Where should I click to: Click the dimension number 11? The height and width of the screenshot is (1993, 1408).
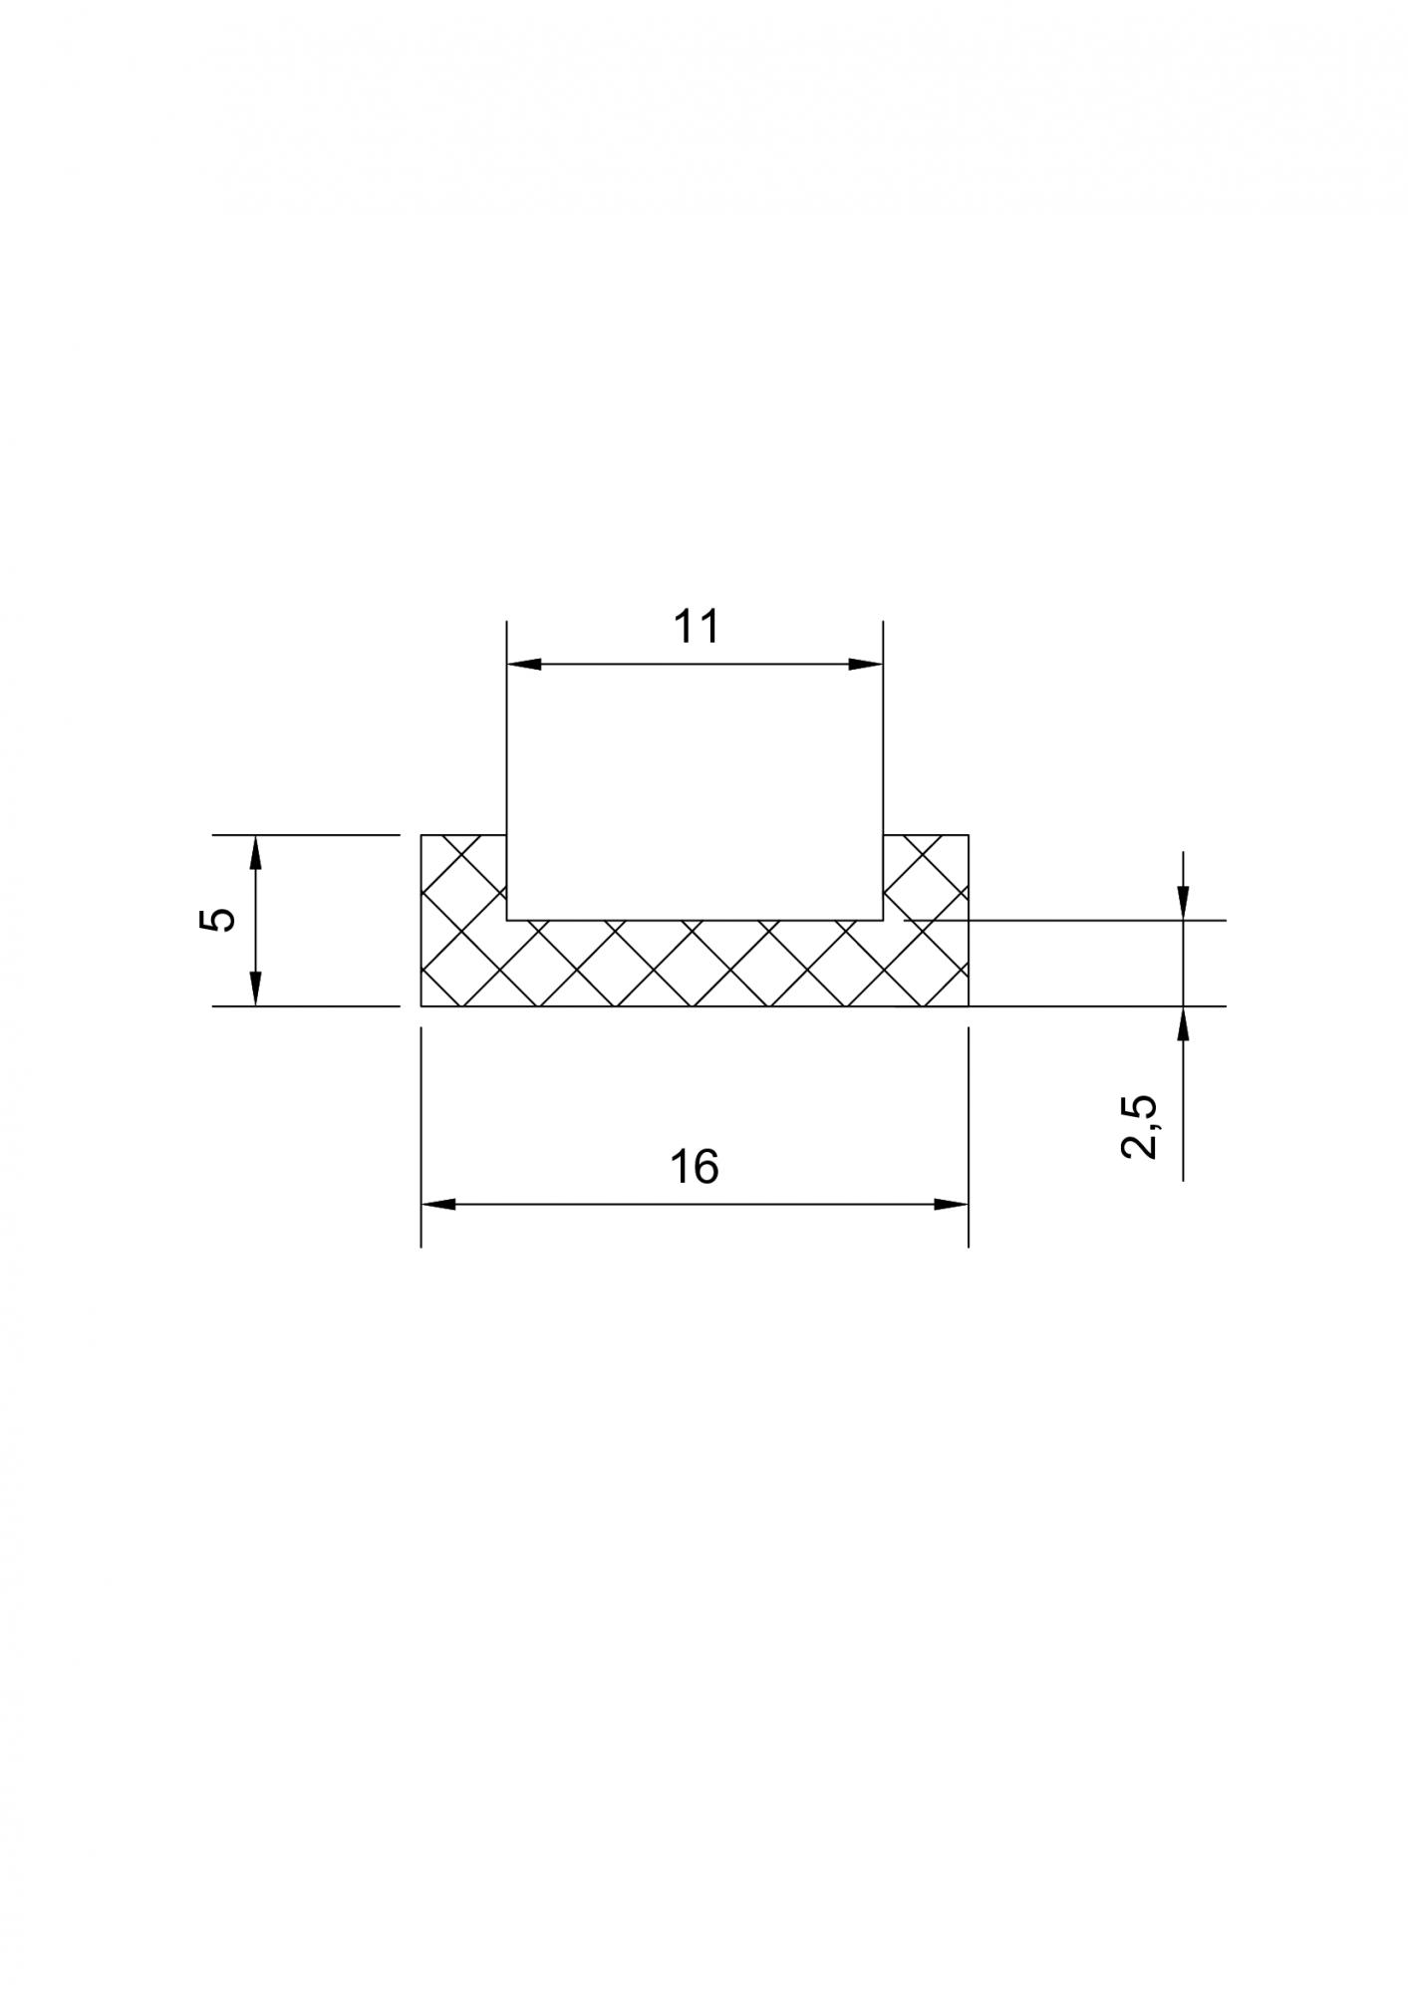(x=696, y=627)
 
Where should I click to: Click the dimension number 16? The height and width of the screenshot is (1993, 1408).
(x=695, y=1167)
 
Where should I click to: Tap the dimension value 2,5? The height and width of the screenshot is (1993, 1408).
(x=1139, y=1126)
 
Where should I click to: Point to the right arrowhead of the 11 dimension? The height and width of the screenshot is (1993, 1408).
(x=866, y=665)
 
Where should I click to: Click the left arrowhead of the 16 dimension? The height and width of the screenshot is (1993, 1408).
(x=437, y=1205)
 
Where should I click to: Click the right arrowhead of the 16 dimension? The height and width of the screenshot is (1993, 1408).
(x=952, y=1205)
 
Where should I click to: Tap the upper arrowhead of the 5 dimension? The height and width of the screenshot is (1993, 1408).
(x=256, y=852)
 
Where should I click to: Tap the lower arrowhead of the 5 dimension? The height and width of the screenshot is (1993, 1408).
(x=256, y=989)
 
